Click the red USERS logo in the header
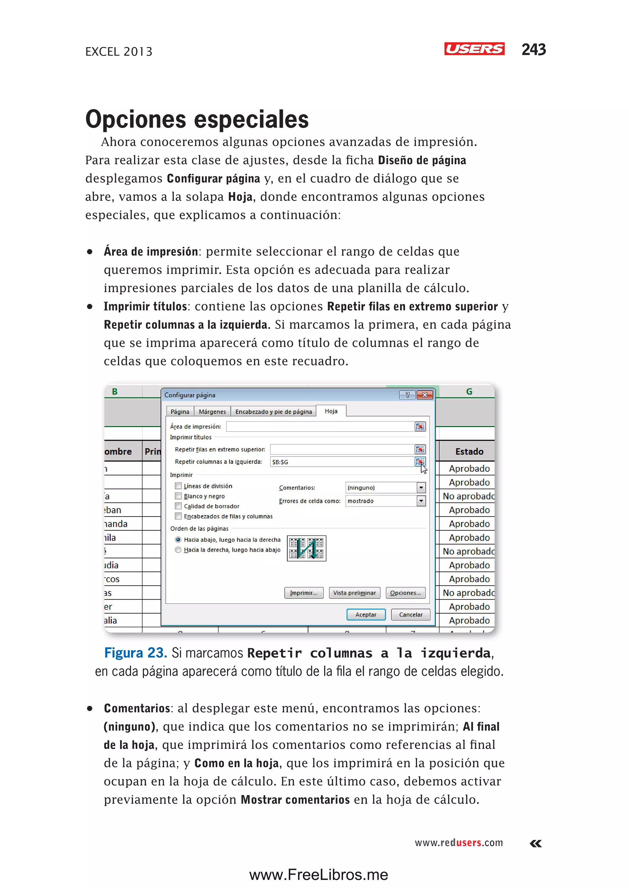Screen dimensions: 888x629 click(474, 49)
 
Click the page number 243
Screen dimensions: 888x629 click(533, 49)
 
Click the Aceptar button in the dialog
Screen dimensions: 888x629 click(365, 615)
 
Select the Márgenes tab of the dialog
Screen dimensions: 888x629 click(212, 411)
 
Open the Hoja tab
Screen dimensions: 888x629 click(331, 411)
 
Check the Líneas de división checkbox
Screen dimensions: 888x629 click(178, 486)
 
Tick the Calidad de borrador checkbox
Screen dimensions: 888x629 click(178, 506)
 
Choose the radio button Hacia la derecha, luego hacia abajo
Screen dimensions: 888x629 click(178, 550)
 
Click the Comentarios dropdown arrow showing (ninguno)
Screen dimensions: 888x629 click(421, 488)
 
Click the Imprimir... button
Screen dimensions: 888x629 click(304, 593)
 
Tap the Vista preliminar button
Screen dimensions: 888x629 click(354, 593)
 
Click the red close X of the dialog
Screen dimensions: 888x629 click(425, 395)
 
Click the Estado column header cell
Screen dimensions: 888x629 click(469, 452)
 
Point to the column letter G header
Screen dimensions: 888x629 click(469, 391)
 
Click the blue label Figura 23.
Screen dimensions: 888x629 click(135, 653)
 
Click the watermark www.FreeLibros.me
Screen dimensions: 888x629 click(318, 875)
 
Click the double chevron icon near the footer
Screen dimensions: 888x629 click(536, 843)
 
